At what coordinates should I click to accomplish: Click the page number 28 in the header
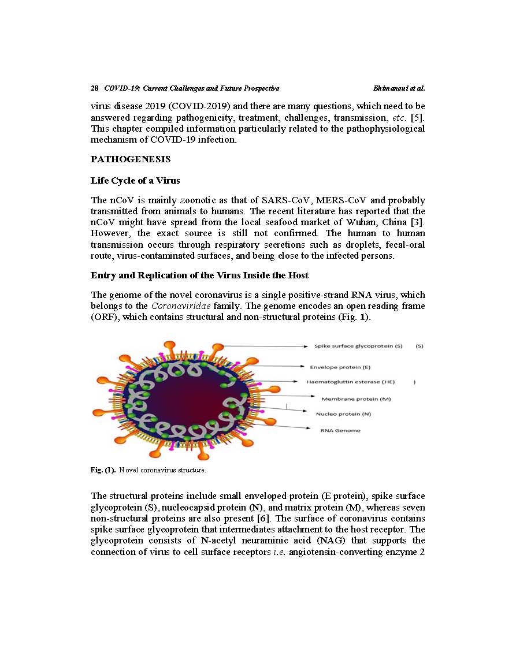coord(94,88)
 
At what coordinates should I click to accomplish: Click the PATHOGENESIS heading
coord(131,159)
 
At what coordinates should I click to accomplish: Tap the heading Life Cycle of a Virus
coord(135,181)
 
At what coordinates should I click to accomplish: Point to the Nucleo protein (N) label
coord(343,414)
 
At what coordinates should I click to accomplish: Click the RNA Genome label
coord(340,430)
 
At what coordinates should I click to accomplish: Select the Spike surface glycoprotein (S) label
coord(358,346)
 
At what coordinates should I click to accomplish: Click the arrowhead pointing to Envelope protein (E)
coord(304,366)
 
